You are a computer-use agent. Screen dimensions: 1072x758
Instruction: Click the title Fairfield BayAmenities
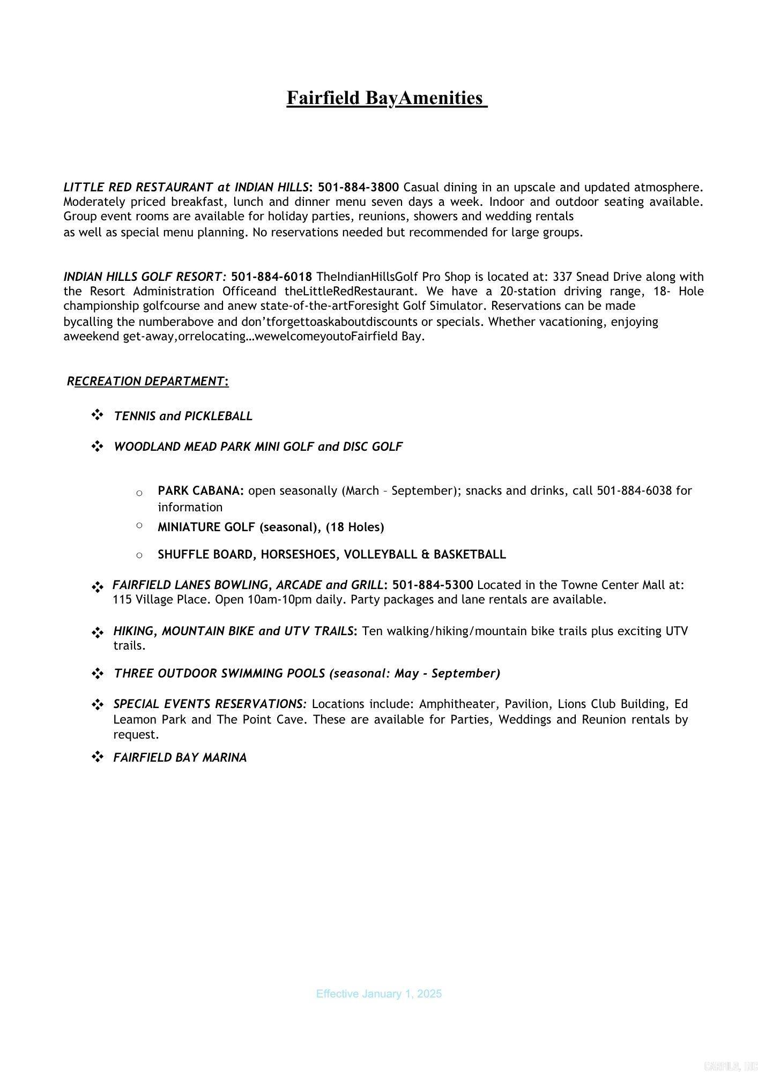(386, 98)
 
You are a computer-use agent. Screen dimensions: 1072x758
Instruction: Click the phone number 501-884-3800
(358, 187)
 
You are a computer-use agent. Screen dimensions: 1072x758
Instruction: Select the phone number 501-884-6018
(271, 277)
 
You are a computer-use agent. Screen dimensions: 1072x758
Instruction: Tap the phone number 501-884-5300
(433, 585)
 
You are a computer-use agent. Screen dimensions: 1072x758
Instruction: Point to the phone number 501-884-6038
(634, 491)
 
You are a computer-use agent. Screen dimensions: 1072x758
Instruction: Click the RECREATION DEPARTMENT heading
(148, 381)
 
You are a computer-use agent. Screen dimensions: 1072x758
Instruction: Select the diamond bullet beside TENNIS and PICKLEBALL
(97, 415)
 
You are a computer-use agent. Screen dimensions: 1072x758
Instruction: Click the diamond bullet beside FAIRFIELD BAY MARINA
(97, 757)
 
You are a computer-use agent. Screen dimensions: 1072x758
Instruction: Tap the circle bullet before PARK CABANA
(139, 493)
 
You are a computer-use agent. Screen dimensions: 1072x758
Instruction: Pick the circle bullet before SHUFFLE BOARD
(139, 555)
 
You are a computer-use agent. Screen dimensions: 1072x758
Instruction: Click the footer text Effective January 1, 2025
(378, 994)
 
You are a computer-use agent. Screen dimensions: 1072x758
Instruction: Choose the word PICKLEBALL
(218, 416)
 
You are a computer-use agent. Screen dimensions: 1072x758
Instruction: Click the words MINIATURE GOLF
(206, 527)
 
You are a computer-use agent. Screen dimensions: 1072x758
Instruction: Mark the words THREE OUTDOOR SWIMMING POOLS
(220, 673)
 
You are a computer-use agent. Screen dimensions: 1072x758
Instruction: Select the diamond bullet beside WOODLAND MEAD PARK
(97, 446)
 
